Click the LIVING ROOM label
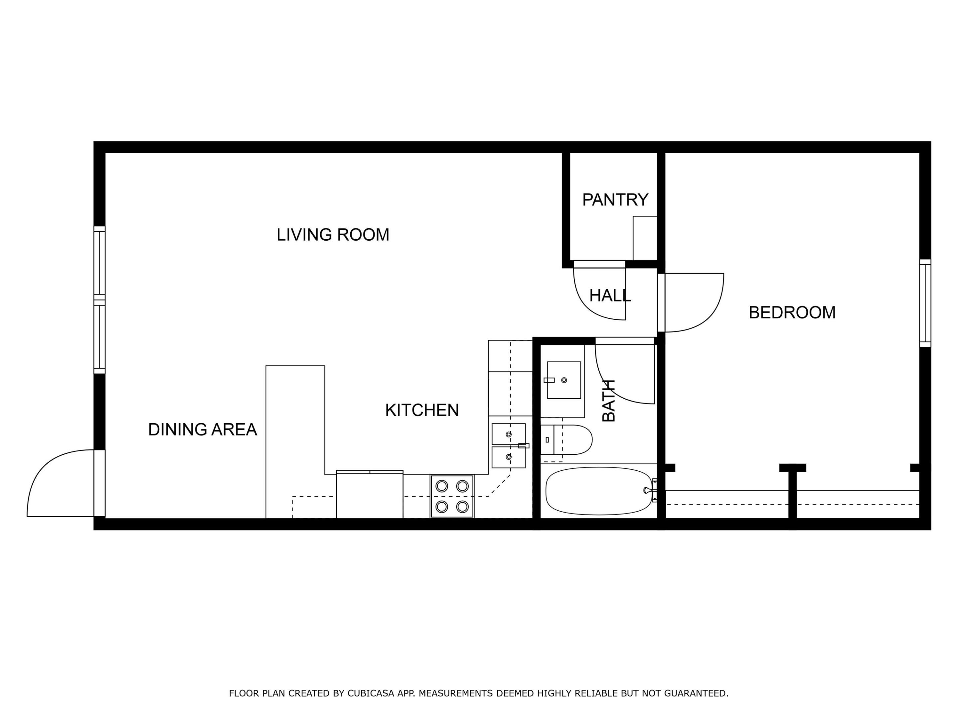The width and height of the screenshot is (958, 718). pyautogui.click(x=333, y=235)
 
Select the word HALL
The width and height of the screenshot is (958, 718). pyautogui.click(x=610, y=296)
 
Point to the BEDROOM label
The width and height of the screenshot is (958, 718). pyautogui.click(x=792, y=312)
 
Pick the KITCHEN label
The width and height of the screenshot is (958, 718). pyautogui.click(x=422, y=410)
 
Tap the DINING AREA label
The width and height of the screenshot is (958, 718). pyautogui.click(x=202, y=430)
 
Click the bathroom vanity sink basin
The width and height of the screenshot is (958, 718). pyautogui.click(x=563, y=380)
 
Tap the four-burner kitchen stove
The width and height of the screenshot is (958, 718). pyautogui.click(x=452, y=496)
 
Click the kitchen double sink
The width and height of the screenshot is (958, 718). pyautogui.click(x=509, y=446)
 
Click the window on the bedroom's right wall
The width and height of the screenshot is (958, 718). pyautogui.click(x=925, y=303)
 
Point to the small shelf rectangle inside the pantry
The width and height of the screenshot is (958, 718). pyautogui.click(x=645, y=238)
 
